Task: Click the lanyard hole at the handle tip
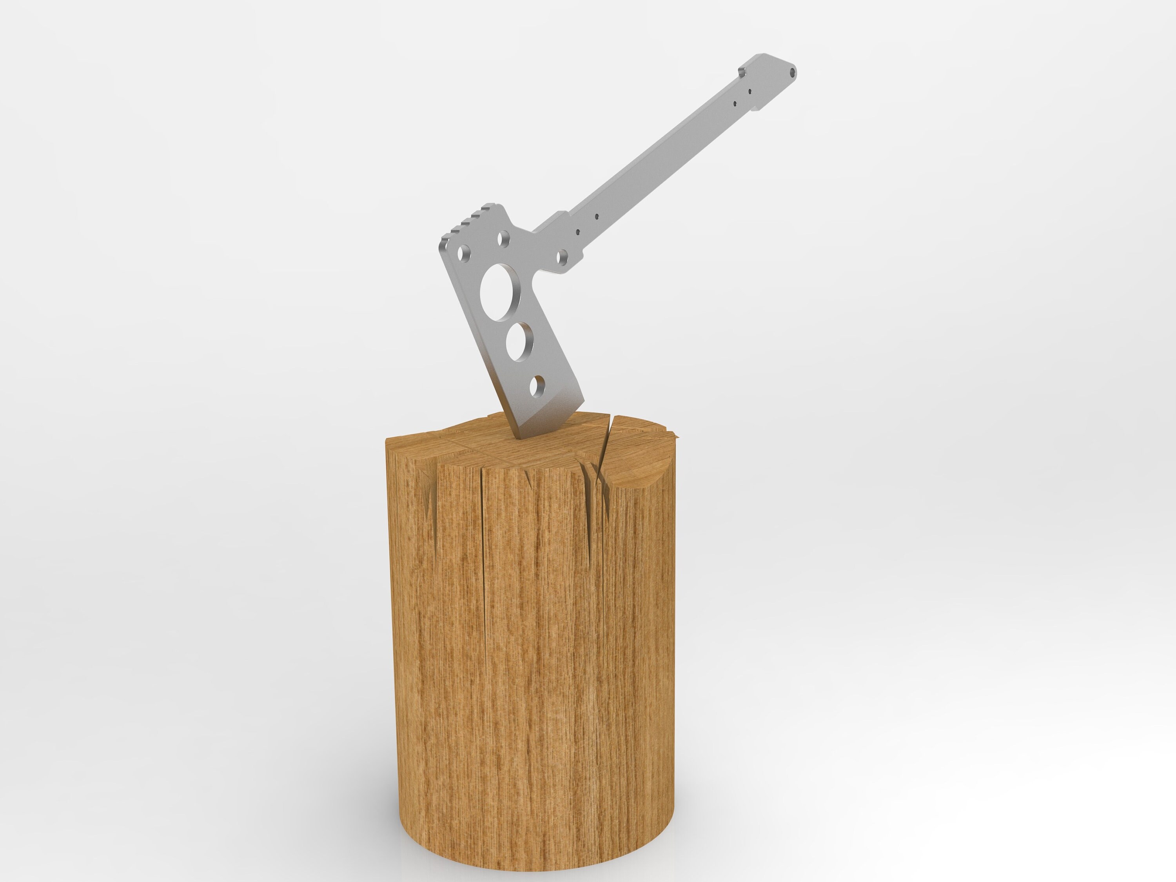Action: (x=793, y=85)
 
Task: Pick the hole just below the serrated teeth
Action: (x=503, y=239)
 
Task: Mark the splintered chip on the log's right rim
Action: (x=674, y=437)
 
